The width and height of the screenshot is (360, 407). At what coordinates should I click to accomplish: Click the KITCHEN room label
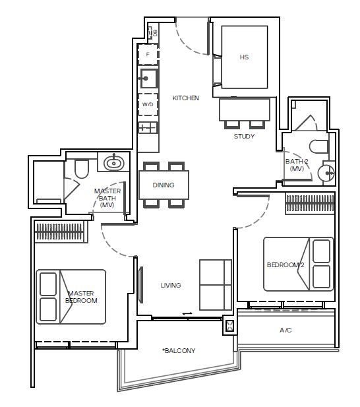[186, 98]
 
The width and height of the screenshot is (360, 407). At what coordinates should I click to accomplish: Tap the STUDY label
[244, 136]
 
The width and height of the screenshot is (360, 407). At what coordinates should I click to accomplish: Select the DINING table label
[164, 185]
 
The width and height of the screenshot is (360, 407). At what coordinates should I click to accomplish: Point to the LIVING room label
[171, 285]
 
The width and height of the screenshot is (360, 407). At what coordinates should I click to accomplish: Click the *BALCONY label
[179, 351]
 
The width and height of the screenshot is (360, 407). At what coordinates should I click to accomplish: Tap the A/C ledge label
[285, 330]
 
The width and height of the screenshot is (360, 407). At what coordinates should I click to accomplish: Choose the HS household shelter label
[244, 57]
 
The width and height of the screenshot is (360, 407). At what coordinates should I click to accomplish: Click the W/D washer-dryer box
[148, 104]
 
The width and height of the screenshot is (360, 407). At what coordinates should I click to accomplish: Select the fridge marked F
[148, 54]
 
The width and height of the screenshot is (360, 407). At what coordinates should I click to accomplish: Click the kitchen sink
[148, 78]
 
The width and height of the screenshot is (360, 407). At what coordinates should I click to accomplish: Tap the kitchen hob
[148, 128]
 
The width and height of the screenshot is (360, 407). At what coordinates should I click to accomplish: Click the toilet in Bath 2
[318, 147]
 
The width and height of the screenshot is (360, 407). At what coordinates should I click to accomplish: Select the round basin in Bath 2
[326, 172]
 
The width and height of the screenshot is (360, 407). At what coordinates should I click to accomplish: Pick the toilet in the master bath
[82, 168]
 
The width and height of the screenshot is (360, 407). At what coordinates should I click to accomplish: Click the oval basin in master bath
[113, 163]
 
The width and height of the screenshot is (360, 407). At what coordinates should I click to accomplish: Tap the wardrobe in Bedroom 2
[310, 203]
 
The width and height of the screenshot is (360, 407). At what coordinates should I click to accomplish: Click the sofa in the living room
[216, 285]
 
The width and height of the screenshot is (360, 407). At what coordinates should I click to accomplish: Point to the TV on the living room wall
[141, 285]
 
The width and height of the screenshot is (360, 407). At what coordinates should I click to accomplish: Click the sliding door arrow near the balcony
[187, 313]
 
